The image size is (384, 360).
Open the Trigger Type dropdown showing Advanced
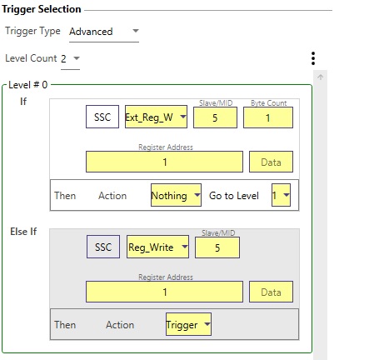104,32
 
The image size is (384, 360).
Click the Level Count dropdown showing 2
70,58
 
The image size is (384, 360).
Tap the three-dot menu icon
313,58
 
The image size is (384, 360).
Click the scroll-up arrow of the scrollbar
321,77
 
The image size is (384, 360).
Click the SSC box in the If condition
102,117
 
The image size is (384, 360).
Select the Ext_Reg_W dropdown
156,117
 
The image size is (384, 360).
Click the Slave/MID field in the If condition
215,117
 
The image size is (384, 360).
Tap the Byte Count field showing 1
268,117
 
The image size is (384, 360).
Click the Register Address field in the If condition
164,162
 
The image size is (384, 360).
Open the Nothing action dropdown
176,195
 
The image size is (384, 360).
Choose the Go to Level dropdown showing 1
281,195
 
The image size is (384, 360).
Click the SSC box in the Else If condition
103,247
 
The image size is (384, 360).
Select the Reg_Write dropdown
157,247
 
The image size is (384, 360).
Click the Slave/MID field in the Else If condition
217,247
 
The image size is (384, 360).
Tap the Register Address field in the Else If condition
164,292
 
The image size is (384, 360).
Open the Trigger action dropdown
188,324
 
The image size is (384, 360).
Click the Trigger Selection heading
42,9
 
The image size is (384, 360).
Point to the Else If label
23,232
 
